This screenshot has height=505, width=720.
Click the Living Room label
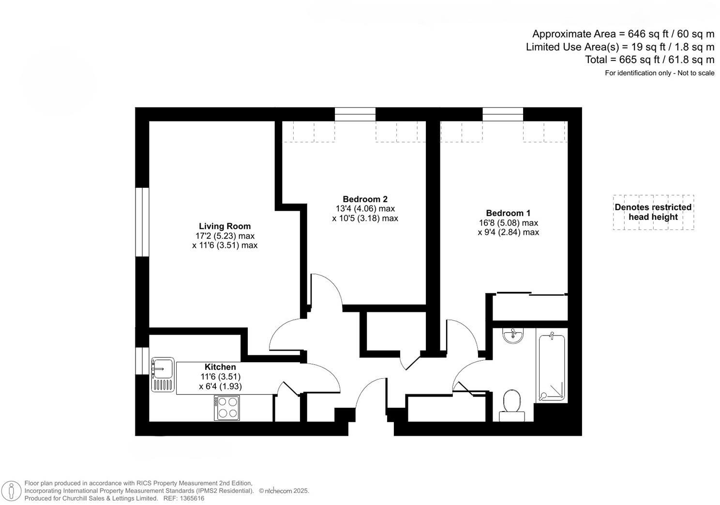225,226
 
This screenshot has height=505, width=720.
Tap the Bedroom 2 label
365,199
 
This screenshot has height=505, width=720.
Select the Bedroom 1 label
508,213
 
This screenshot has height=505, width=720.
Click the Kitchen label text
220,367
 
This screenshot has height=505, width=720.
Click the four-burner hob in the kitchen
227,408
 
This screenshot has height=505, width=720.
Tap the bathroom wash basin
513,335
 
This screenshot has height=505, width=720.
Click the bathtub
552,367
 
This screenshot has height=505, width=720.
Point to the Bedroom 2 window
355,114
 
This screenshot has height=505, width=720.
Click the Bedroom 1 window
502,114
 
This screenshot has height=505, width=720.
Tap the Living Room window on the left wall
142,222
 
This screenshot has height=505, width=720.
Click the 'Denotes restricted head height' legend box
653,212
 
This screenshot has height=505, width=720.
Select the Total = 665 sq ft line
649,60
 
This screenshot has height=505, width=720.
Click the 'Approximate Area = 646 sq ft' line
623,34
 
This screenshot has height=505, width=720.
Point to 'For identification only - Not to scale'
659,73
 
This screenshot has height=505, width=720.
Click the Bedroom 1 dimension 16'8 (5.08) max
508,223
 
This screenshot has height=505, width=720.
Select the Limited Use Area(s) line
620,47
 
